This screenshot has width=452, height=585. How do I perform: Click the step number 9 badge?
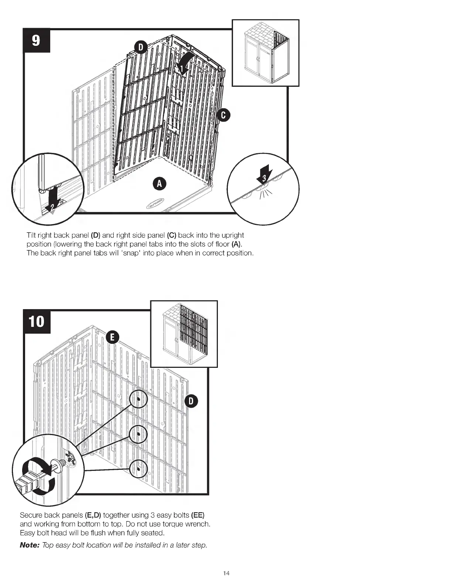pos(36,40)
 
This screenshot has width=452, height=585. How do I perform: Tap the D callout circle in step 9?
pos(141,47)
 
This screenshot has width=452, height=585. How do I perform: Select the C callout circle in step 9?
pos(223,115)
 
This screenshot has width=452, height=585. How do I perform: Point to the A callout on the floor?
pos(159,184)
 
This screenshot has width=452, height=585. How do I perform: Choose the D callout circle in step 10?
pos(191,401)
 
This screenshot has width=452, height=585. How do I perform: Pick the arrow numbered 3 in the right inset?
pos(264,175)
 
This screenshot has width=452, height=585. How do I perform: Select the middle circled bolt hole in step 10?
pos(138,434)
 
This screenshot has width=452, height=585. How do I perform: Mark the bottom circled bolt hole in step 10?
pos(138,469)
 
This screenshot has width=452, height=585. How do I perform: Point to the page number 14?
pos(226,573)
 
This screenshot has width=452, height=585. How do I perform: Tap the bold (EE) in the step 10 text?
pos(198,515)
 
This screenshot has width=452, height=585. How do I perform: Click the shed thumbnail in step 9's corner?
pos(265,53)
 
